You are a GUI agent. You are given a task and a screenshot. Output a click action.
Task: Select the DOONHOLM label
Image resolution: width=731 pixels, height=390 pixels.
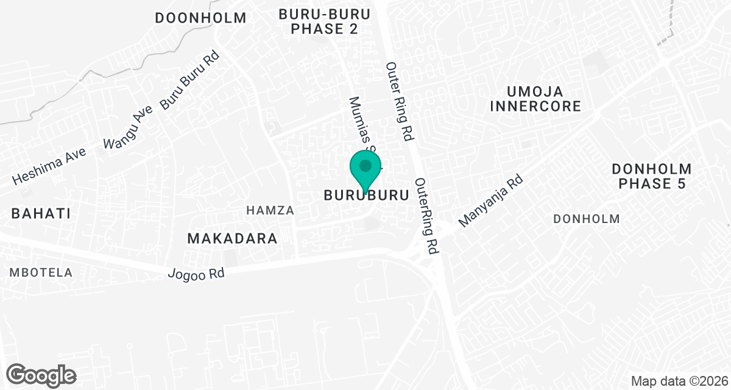[x=200, y=18]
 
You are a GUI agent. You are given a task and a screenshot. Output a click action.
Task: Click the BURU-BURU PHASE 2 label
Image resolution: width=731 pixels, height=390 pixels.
[x=324, y=21]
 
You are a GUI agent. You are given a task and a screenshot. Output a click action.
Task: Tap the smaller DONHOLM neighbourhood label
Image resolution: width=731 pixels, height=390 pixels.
[x=587, y=219]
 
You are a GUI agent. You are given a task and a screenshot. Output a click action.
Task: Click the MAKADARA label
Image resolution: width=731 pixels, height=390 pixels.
[x=232, y=238]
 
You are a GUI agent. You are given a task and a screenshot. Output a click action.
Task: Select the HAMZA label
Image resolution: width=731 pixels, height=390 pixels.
[x=270, y=210]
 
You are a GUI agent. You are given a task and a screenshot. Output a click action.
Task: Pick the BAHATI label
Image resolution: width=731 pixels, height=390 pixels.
[x=40, y=213]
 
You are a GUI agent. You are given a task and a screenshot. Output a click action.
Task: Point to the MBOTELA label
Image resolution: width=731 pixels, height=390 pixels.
[x=41, y=272]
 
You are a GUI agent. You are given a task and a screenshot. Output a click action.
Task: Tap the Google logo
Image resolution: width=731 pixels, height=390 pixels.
[x=41, y=374]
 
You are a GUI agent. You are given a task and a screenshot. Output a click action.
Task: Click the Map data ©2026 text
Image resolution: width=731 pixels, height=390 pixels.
[x=678, y=381]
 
